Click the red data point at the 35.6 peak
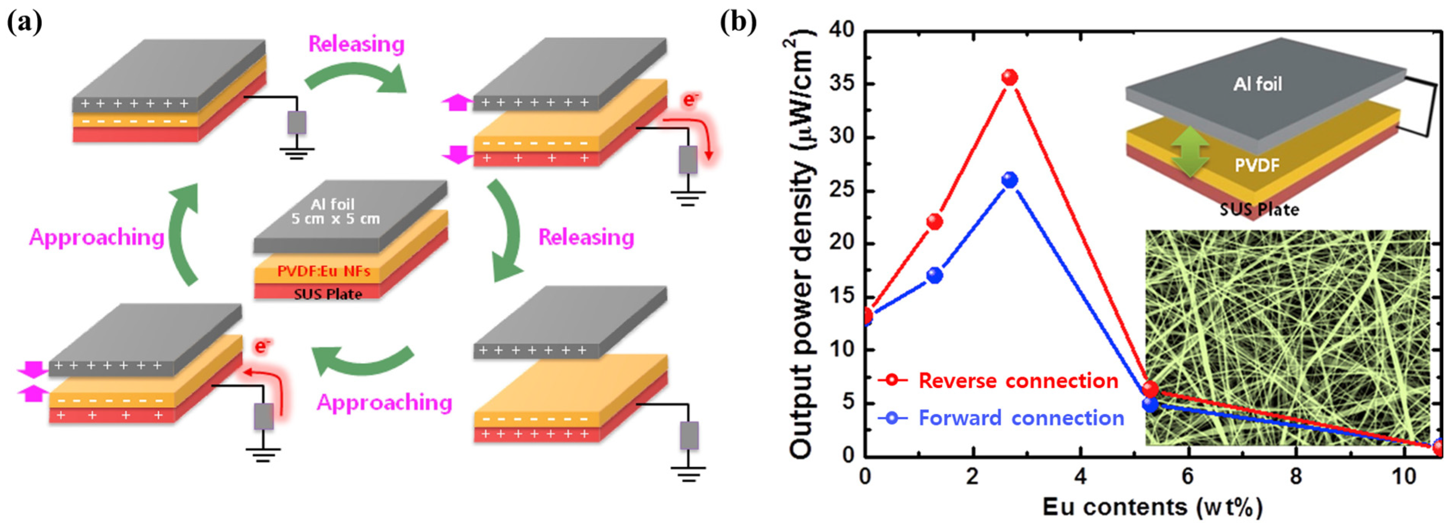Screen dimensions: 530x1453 [1009, 77]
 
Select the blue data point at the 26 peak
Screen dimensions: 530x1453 [1009, 180]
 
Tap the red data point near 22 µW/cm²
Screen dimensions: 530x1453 [934, 221]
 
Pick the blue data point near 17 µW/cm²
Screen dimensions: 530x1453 [934, 275]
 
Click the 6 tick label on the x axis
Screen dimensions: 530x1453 [1187, 477]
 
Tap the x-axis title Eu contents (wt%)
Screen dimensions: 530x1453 [1152, 507]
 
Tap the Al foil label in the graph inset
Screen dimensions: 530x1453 [1257, 84]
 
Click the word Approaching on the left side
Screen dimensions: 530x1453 [96, 237]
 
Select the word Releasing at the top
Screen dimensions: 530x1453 [357, 44]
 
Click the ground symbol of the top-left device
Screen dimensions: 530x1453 [297, 153]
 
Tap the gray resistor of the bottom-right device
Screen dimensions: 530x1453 [689, 435]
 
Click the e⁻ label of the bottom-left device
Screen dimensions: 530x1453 [261, 346]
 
